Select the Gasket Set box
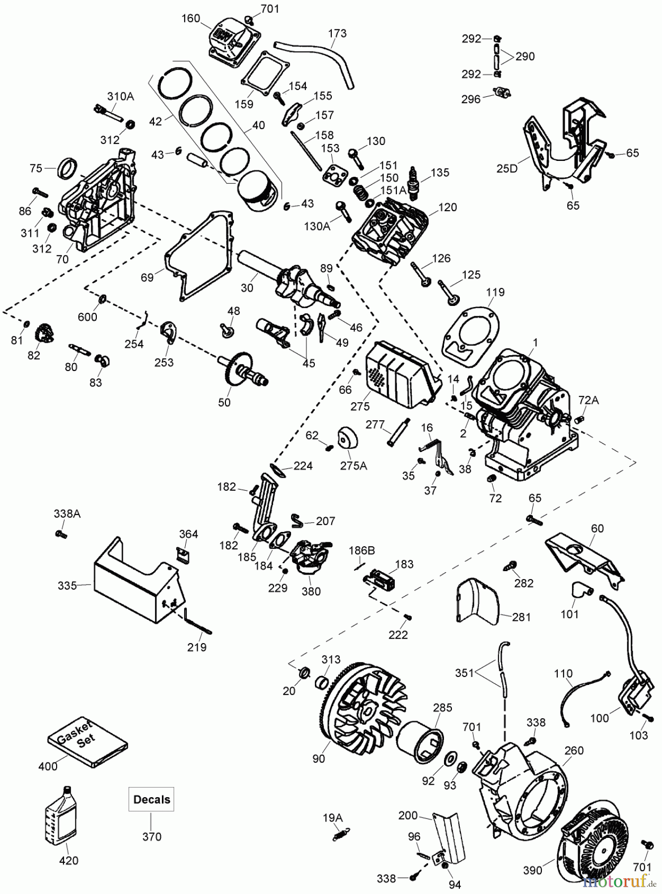click(x=88, y=742)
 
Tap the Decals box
click(x=151, y=799)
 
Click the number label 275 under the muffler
click(x=360, y=406)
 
